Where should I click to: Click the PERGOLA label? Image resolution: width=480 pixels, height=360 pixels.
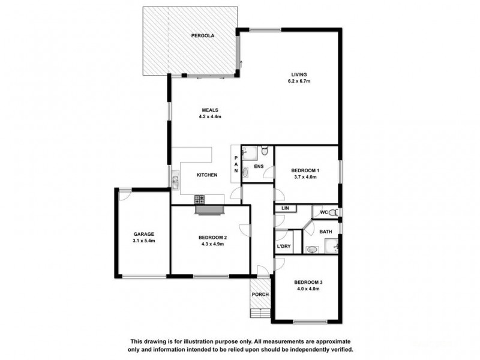coord(203,36)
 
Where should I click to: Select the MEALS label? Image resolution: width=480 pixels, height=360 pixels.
coord(210,110)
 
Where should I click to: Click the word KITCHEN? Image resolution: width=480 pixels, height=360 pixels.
coord(207,175)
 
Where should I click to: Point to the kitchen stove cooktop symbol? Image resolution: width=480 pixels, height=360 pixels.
coord(200,199)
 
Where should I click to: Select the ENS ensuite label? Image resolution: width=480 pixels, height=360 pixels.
coord(259,166)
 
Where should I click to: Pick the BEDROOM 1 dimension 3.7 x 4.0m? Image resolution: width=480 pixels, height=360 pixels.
coord(305,177)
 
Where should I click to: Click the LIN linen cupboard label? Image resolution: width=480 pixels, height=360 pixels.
coord(285,208)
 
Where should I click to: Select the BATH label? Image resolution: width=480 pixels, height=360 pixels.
coord(325,232)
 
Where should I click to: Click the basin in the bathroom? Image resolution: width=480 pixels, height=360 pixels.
coord(311,250)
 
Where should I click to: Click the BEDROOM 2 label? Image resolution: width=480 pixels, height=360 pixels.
coord(212,238)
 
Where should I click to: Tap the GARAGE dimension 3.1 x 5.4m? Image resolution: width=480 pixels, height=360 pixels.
coord(144,241)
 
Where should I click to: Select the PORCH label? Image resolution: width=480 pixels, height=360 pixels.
coord(260,295)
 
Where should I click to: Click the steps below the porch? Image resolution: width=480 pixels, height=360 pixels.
coord(260,313)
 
